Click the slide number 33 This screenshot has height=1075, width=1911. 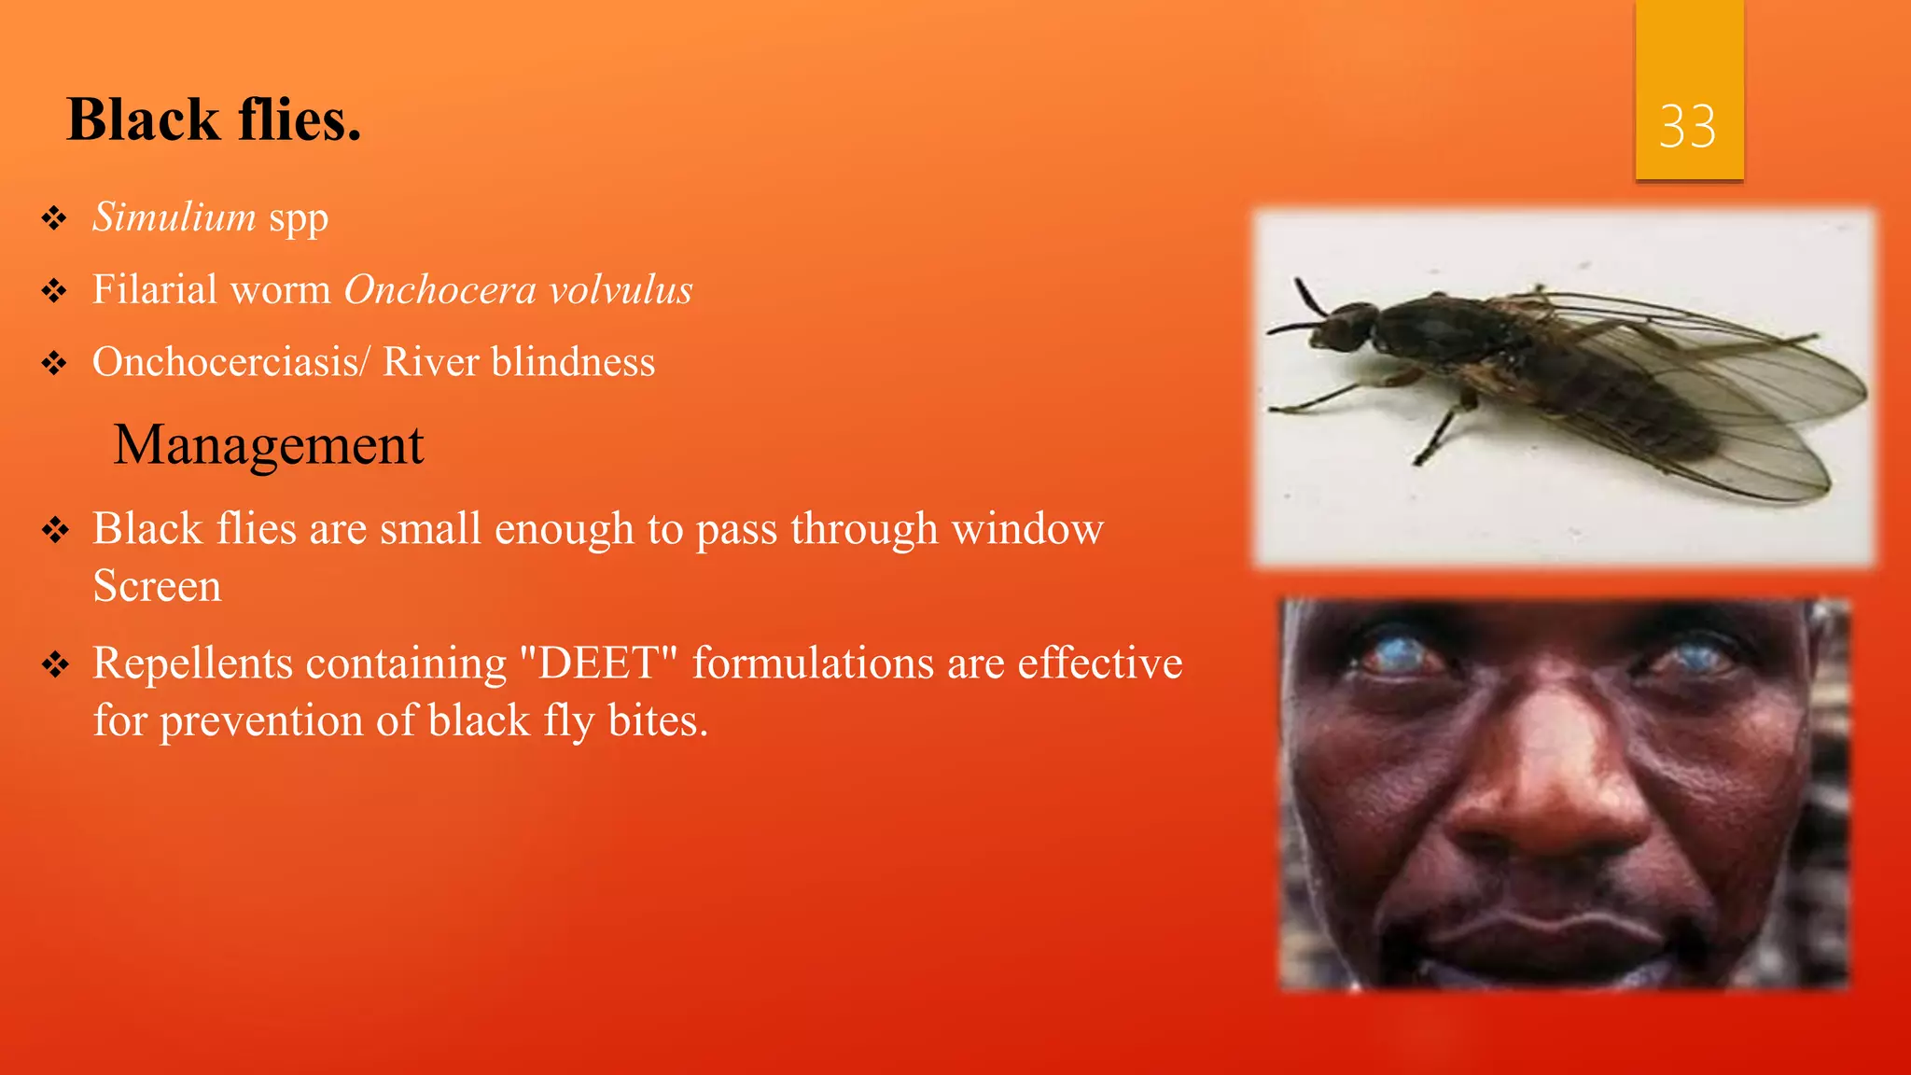coord(1687,127)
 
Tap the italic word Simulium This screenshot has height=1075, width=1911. coord(174,217)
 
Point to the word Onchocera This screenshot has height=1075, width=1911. coord(439,290)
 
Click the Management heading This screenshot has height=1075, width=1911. coord(269,444)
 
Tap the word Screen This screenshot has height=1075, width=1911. coord(158,586)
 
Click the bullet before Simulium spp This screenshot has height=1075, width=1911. coord(54,218)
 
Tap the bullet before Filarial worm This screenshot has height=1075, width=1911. coord(54,291)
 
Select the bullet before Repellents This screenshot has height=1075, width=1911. coord(54,665)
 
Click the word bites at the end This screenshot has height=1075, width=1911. coord(657,721)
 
